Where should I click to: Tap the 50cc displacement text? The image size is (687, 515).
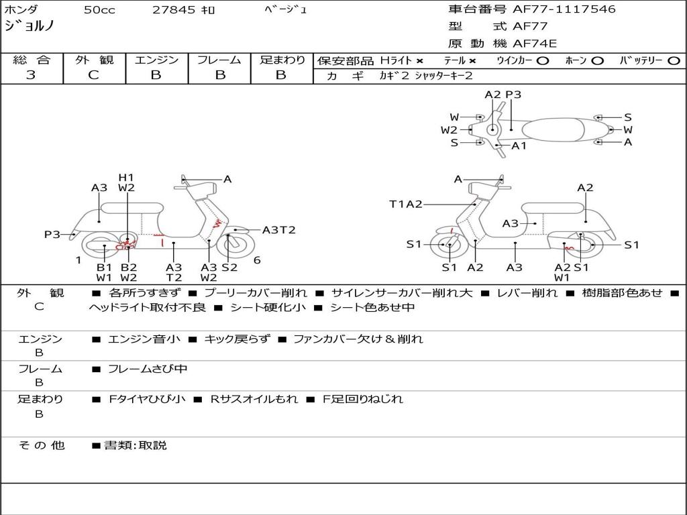(x=99, y=10)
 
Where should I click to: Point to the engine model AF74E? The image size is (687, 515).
(x=535, y=44)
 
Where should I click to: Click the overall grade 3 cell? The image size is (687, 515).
(x=31, y=75)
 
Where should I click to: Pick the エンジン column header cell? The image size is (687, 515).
(x=156, y=60)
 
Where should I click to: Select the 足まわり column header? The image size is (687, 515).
(x=282, y=60)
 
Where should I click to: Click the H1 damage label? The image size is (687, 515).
(x=126, y=178)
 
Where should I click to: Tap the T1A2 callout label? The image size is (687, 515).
(x=405, y=205)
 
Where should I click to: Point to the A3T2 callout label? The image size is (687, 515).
(x=278, y=230)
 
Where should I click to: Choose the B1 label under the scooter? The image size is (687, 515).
(x=105, y=267)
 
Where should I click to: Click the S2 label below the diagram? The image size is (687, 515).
(x=229, y=267)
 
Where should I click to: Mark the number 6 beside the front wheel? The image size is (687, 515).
(x=257, y=260)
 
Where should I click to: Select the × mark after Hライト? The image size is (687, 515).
(x=419, y=60)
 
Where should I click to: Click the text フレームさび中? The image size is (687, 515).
(x=148, y=369)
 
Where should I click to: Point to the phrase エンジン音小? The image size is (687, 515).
(x=144, y=339)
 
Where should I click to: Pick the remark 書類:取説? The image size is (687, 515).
(x=135, y=445)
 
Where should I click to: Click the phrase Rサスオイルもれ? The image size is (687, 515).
(x=254, y=399)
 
